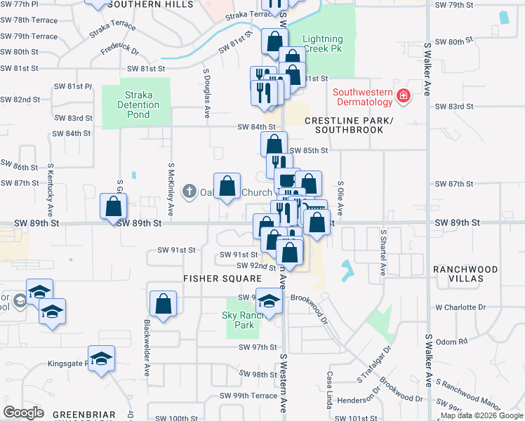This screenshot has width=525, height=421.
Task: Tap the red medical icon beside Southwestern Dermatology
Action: pyautogui.click(x=404, y=96)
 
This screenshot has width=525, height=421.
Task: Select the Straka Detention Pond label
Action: pyautogui.click(x=138, y=105)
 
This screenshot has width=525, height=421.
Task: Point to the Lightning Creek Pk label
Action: pyautogui.click(x=322, y=45)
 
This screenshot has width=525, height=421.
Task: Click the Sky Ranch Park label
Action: pyautogui.click(x=243, y=321)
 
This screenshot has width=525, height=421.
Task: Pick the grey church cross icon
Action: pyautogui.click(x=189, y=192)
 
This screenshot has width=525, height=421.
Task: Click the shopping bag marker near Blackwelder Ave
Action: pyautogui.click(x=163, y=305)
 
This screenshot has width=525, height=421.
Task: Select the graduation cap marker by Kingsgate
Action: pyautogui.click(x=102, y=359)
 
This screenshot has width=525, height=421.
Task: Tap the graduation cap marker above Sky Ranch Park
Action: pyautogui.click(x=268, y=301)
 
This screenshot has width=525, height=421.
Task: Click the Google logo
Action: pyautogui.click(x=24, y=413)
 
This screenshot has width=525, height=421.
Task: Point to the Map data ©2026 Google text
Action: pyautogui.click(x=481, y=415)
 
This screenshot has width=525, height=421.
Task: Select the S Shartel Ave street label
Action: pyautogui.click(x=383, y=251)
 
